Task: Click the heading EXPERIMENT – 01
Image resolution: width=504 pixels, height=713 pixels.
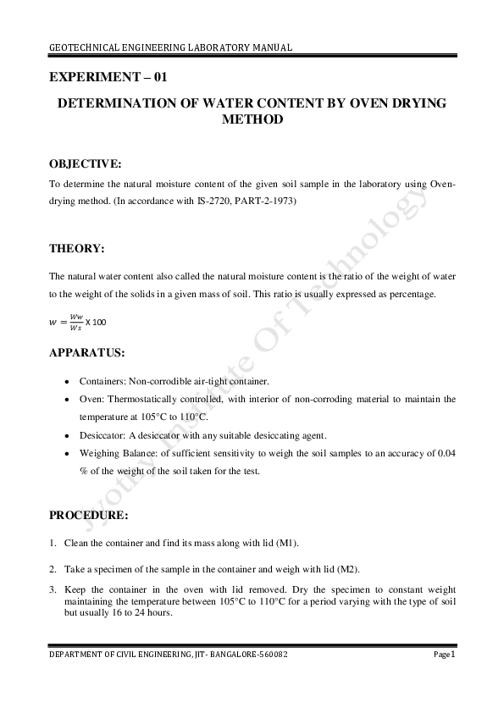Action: tap(108, 77)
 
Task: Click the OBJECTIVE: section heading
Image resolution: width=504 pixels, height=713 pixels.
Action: tap(85, 163)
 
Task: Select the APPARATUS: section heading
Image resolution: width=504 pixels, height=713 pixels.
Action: tap(87, 351)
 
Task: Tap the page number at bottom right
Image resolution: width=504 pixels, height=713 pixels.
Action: tap(446, 654)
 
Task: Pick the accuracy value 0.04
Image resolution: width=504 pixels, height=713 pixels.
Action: tap(446, 454)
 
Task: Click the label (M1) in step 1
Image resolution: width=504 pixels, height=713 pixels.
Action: tap(285, 542)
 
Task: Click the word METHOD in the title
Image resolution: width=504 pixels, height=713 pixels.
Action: tap(252, 120)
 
